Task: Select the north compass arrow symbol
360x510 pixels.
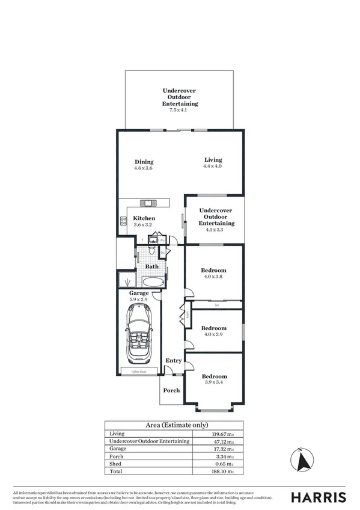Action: (301, 461)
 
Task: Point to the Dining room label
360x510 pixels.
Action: (144, 162)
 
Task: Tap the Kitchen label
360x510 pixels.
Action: (144, 218)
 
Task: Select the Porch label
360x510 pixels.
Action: (172, 390)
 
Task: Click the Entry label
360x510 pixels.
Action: (174, 360)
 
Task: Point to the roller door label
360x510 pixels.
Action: (139, 372)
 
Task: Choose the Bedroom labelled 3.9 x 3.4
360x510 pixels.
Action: (214, 376)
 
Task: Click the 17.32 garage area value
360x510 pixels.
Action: (205, 449)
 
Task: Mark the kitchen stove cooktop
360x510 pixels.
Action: (123, 221)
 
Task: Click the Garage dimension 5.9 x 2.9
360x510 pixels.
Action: (139, 299)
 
